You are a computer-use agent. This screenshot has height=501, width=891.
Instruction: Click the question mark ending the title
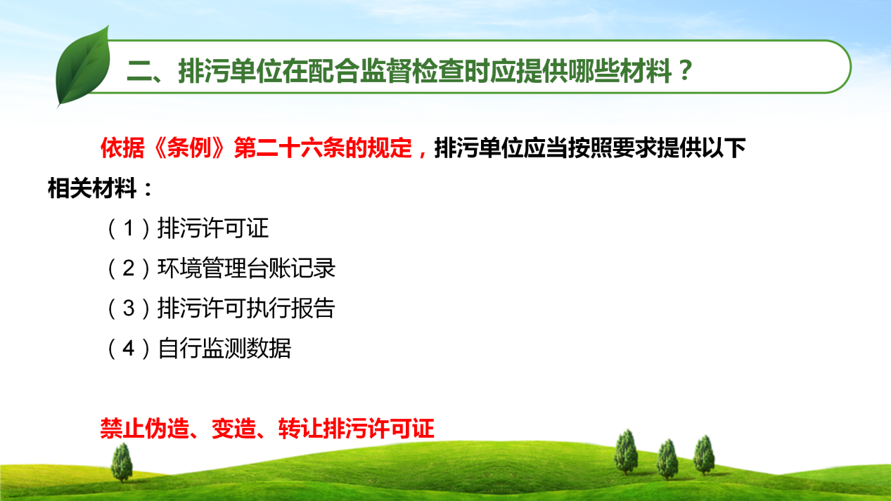coord(686,70)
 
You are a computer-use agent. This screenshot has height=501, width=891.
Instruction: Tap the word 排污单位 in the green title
coord(230,71)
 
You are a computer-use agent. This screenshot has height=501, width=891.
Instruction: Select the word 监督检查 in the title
coord(411,71)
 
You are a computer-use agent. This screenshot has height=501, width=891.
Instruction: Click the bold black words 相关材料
coord(92,188)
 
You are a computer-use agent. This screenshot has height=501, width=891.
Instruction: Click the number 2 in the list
coord(129,268)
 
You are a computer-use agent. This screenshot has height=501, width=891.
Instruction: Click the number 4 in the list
coord(129,349)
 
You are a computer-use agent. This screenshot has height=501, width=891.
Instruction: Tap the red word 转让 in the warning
coord(300,429)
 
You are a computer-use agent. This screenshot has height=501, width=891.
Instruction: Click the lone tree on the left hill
coord(122,462)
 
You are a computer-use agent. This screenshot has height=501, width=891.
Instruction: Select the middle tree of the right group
coord(667,460)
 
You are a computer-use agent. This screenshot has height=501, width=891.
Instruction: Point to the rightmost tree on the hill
coord(704,455)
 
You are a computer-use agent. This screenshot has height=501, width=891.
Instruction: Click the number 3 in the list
coord(129,308)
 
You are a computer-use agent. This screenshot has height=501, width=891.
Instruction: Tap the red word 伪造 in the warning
coord(167,429)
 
